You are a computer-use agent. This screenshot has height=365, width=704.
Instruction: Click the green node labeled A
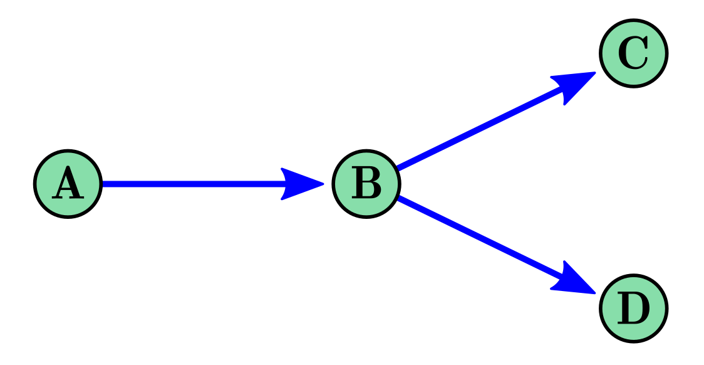coord(68,184)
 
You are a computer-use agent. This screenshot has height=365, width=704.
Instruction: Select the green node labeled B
coord(366,184)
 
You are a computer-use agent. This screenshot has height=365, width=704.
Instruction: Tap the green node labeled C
coord(633,53)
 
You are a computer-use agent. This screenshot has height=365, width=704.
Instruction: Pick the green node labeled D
coord(633,308)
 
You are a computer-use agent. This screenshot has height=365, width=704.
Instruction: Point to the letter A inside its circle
coord(68,184)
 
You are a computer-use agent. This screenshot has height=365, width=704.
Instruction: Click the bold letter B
coord(366,184)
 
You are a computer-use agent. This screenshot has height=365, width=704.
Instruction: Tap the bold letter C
coord(633,54)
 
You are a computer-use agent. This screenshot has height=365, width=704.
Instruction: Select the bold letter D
coord(633,309)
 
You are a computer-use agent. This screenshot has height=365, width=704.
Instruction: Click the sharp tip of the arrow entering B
coord(323,184)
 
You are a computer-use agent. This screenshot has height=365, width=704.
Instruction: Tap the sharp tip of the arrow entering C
coord(595,72)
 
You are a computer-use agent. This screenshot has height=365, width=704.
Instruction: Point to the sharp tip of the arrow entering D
coord(595,293)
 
